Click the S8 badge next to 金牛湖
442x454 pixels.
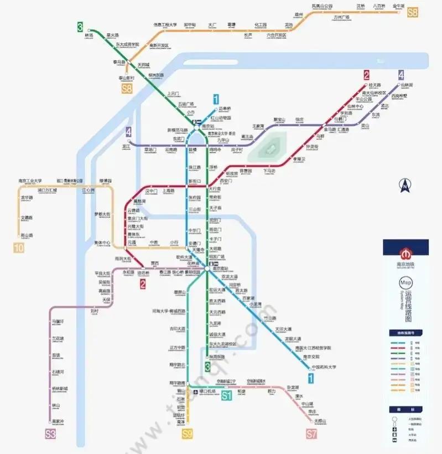(x=413, y=12)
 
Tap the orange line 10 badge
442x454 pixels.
(x=19, y=247)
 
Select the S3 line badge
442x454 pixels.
(x=51, y=434)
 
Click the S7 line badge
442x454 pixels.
(x=311, y=434)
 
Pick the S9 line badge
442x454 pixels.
(x=188, y=434)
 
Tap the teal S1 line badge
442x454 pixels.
(x=226, y=395)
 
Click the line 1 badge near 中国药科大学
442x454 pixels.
(x=311, y=379)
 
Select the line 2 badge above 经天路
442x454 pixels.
(x=366, y=75)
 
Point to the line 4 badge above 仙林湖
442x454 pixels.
(x=401, y=75)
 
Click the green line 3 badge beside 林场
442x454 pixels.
(x=80, y=27)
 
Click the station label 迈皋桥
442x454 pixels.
(x=226, y=109)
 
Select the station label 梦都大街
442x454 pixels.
(x=102, y=214)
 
